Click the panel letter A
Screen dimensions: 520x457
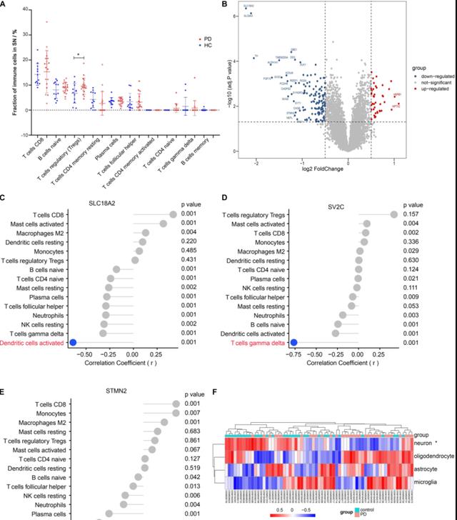pos(4,6)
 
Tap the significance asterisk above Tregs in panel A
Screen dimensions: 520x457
pos(77,55)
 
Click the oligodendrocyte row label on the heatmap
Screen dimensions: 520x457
pos(433,454)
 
